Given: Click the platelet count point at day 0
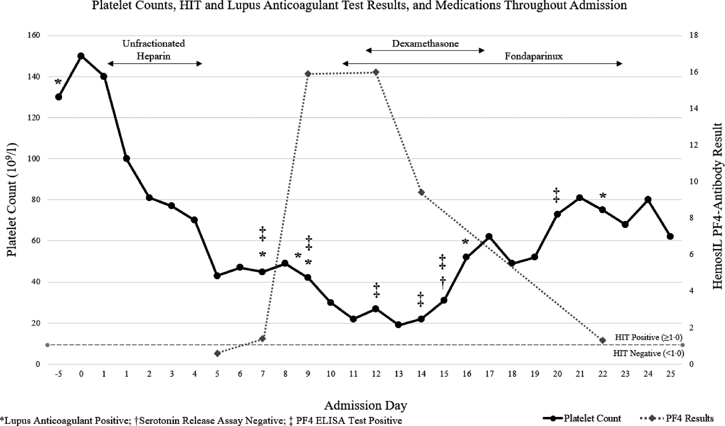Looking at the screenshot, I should (81, 56).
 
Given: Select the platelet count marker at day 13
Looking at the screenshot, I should (398, 325).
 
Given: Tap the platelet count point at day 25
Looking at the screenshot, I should (670, 237).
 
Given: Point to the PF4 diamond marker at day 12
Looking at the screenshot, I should (376, 72).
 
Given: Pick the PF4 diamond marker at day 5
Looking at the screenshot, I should (217, 353).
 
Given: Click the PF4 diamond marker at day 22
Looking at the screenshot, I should (603, 340).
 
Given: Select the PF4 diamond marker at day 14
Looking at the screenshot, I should (421, 192).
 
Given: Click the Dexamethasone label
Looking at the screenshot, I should (425, 44).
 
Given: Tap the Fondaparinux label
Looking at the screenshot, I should (534, 56).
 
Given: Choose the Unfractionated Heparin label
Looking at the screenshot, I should (154, 50).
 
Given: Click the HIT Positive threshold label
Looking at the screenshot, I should (649, 337).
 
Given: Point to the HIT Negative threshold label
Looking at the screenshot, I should (649, 353).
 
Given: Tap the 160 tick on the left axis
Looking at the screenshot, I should (33, 35).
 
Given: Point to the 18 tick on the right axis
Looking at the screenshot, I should (693, 35).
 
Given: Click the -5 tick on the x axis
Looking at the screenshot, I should (58, 374).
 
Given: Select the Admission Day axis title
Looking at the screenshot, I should (365, 405).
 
